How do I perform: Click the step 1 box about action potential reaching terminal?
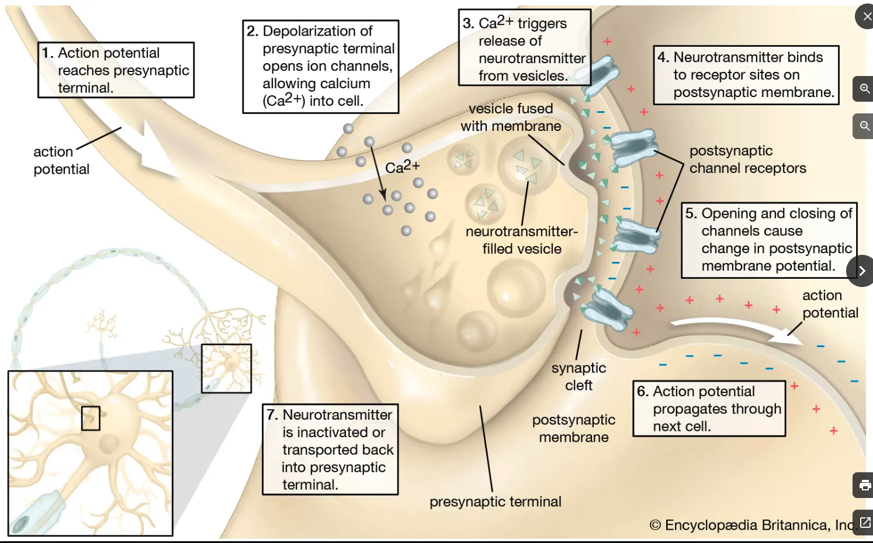116,70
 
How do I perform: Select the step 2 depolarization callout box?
321,66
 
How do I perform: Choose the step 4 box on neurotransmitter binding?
746,75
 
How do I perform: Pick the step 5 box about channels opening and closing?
768,240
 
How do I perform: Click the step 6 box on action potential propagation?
709,409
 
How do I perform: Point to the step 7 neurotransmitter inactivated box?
330,449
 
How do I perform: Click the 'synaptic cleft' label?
578,376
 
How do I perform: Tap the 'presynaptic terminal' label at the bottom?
495,502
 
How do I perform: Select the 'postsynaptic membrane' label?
573,428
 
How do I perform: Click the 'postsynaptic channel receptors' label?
747,160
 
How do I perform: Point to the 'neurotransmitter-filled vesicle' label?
521,240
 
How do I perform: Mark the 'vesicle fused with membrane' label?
510,117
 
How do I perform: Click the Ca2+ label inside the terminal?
402,167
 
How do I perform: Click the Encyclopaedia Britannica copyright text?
753,525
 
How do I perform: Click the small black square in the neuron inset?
91,418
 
